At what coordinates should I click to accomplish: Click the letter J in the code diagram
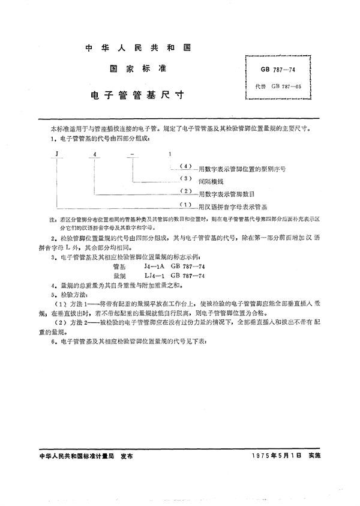(55, 154)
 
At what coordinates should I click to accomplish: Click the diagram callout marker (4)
(185, 166)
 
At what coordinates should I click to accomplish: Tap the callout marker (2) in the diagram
(185, 191)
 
